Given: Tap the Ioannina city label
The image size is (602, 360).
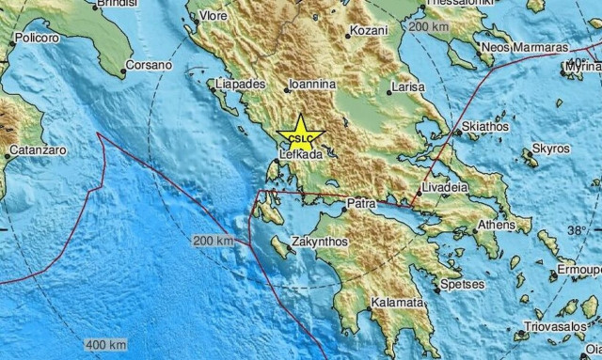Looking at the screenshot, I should [x=311, y=82].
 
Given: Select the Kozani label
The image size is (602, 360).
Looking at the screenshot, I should [x=362, y=32].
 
